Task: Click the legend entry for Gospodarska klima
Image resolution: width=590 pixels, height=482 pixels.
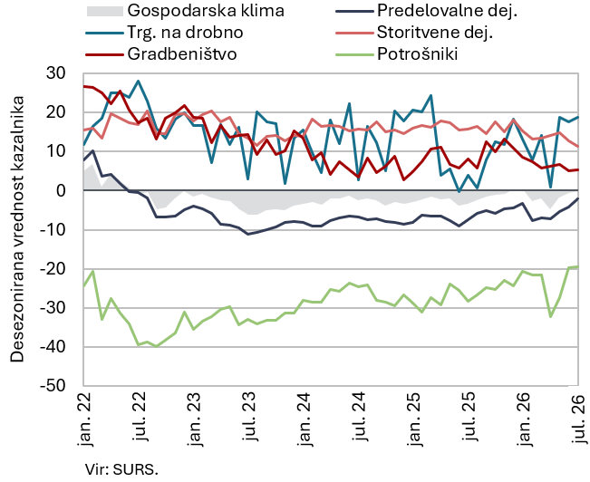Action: click(206, 11)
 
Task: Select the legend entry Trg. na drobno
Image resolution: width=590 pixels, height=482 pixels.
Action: click(185, 33)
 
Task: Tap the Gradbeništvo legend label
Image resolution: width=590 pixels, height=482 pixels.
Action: click(182, 53)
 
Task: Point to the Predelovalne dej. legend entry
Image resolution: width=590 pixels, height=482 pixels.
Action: click(447, 11)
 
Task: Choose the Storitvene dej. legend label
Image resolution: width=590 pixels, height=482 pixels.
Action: click(435, 33)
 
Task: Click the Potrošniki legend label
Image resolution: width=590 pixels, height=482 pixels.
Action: click(417, 53)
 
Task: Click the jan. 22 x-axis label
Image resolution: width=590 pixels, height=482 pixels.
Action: click(84, 419)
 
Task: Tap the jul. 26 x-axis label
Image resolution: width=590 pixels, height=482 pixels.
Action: click(579, 417)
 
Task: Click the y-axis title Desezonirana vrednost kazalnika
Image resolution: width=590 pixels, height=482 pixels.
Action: click(17, 229)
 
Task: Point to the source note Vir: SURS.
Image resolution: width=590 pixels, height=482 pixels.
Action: click(121, 470)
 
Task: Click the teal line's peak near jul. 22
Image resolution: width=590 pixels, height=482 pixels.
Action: click(138, 81)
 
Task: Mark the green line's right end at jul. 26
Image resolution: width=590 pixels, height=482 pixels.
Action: click(577, 266)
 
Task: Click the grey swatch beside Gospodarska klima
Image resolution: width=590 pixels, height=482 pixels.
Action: click(105, 11)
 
